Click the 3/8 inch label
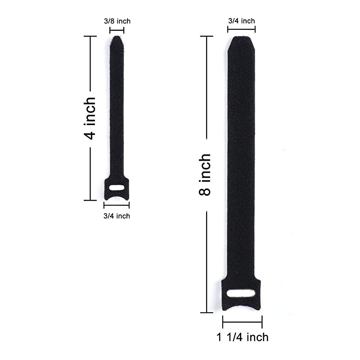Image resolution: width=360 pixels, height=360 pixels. (117, 21)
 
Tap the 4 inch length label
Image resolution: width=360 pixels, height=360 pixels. (90, 118)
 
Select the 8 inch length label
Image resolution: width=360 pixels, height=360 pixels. (205, 175)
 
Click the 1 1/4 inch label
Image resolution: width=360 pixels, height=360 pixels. (243, 337)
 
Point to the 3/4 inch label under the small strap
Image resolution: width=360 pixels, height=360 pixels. (117, 216)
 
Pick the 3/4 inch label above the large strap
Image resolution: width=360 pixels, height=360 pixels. (242, 21)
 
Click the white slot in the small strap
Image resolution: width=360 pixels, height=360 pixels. (117, 188)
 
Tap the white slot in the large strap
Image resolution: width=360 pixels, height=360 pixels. (241, 293)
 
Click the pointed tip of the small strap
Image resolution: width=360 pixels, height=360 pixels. (117, 37)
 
